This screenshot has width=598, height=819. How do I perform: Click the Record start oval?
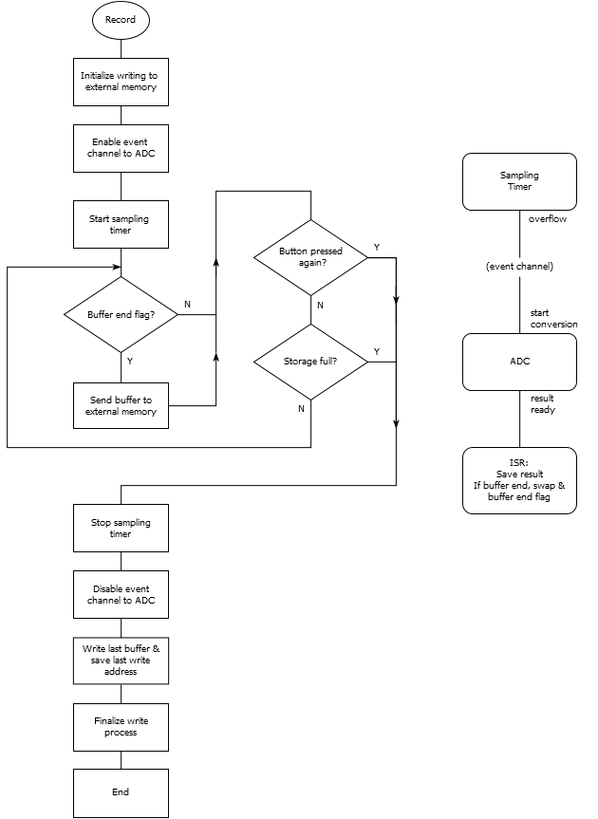pos(121,20)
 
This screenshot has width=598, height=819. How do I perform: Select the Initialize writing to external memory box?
pos(121,82)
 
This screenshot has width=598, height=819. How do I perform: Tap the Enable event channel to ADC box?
pos(121,148)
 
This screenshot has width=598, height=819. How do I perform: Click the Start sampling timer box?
pos(121,224)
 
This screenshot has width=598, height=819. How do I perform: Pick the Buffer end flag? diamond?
pos(121,314)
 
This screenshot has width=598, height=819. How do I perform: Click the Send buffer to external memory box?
pos(121,405)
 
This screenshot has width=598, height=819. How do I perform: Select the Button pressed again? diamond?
pos(310,257)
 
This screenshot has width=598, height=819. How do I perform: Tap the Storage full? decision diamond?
pos(310,362)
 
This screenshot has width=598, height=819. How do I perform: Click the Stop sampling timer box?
pos(121,528)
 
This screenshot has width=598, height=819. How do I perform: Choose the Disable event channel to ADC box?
pos(121,594)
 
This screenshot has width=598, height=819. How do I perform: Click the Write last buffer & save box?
pos(121,661)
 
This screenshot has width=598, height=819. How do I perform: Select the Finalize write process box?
pos(121,727)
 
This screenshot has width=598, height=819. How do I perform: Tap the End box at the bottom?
pos(121,792)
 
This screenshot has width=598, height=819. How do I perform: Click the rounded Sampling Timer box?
pos(519,181)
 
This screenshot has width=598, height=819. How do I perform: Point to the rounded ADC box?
pos(519,362)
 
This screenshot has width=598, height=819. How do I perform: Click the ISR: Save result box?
pos(519,480)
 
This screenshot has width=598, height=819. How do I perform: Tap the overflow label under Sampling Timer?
pos(548,219)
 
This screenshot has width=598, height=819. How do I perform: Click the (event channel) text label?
pos(519,267)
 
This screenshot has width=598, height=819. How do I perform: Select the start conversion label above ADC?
pos(553,319)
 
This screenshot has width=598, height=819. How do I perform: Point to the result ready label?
pos(543,404)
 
